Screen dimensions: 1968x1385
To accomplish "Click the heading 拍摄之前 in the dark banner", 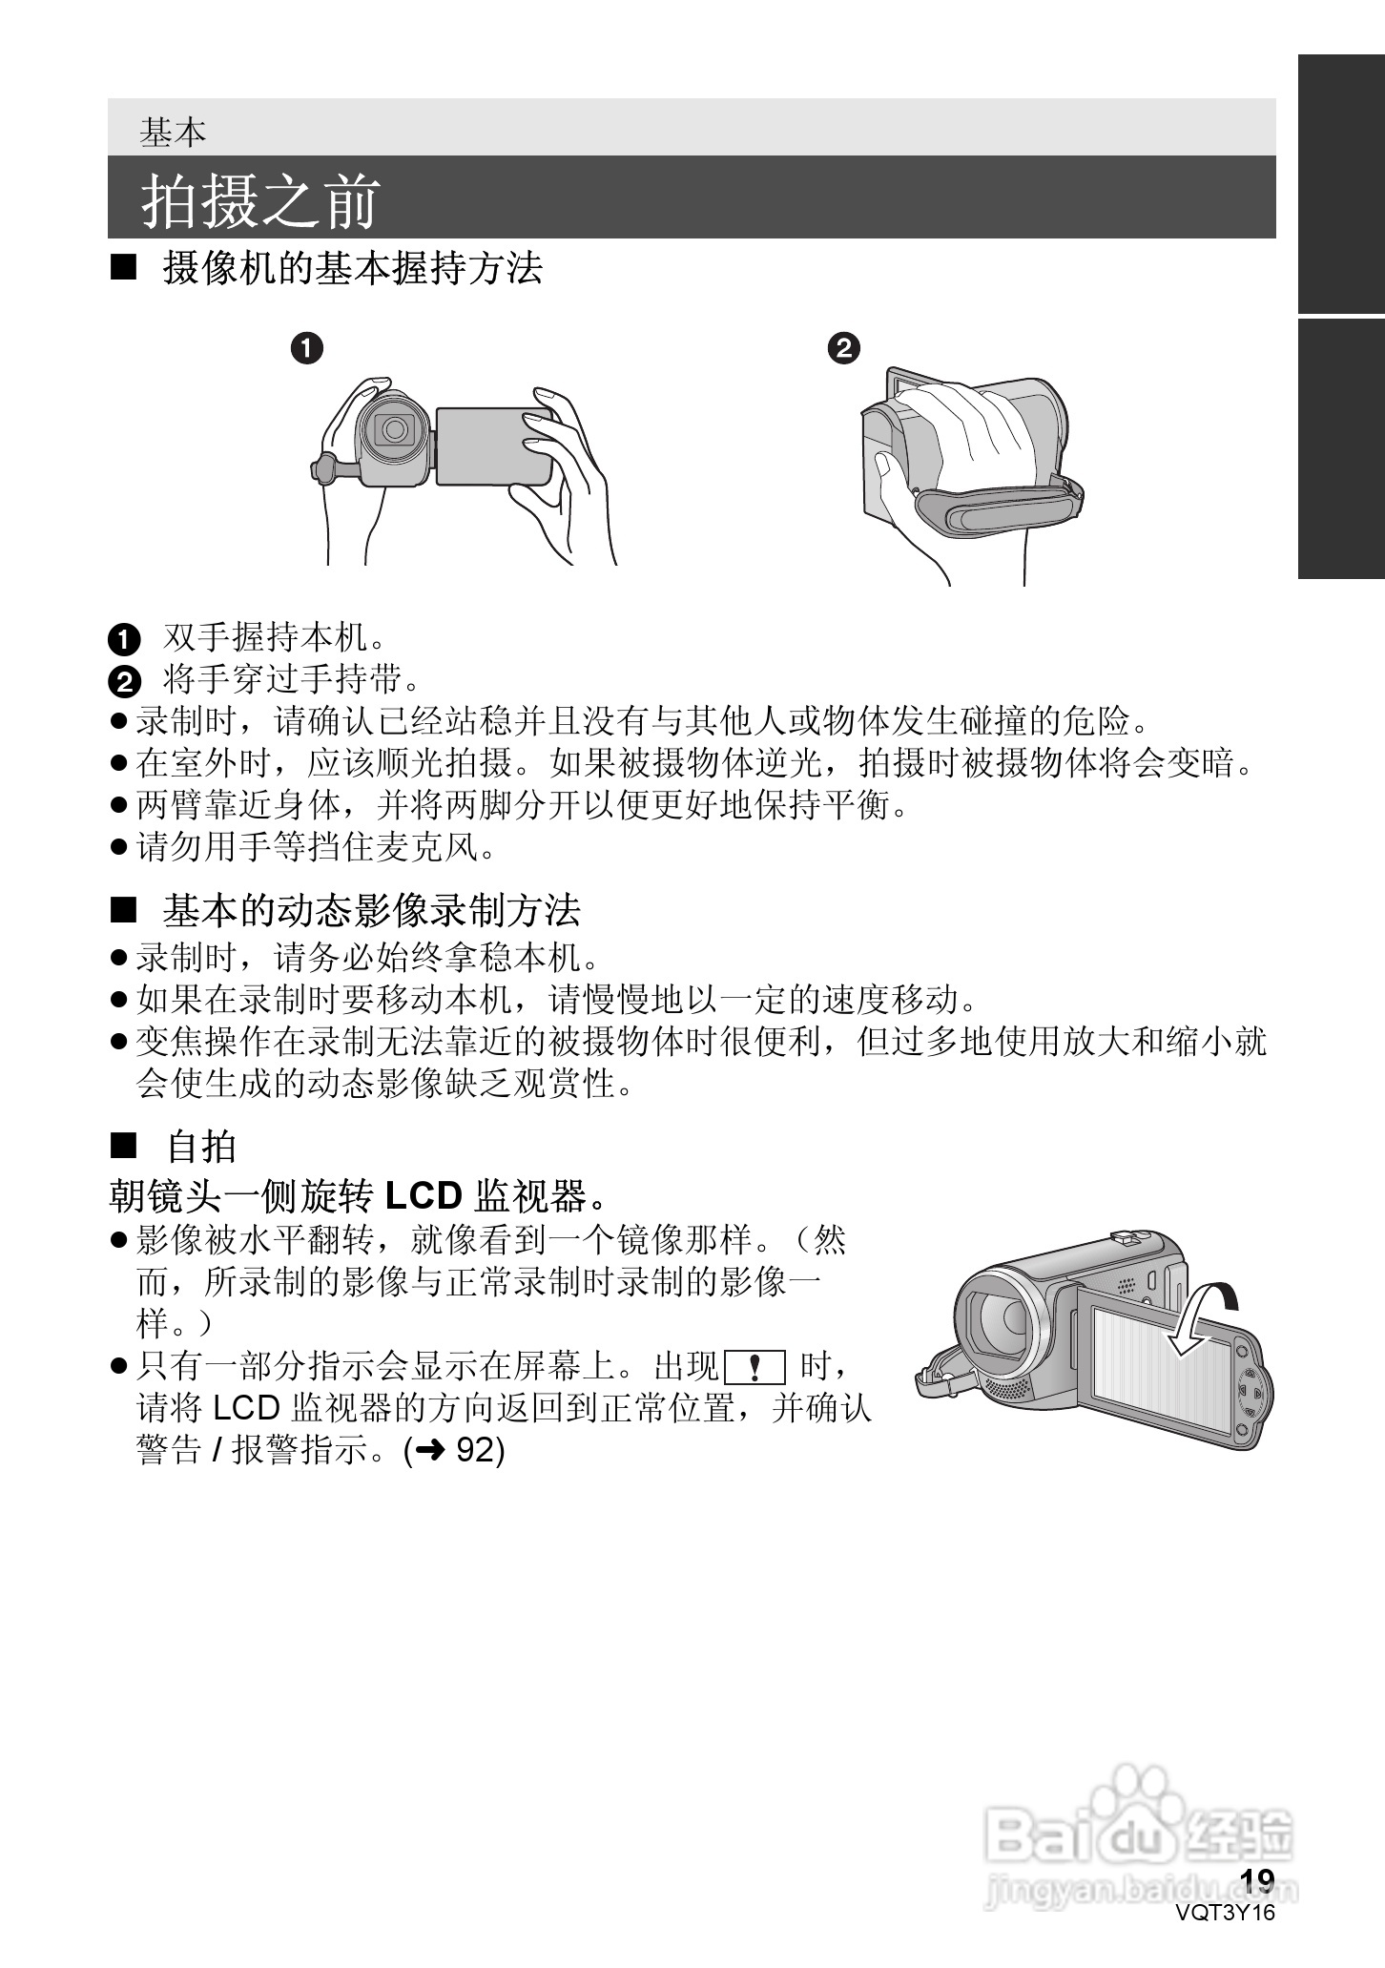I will click(x=260, y=200).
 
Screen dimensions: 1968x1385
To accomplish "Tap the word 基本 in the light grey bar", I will click(x=173, y=132).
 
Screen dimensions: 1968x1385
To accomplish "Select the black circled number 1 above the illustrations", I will click(x=306, y=348).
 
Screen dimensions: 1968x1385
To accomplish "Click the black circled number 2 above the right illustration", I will click(x=844, y=348).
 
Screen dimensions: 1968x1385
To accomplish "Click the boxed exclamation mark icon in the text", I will click(x=755, y=1368).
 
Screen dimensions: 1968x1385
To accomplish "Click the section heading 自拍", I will click(x=201, y=1146).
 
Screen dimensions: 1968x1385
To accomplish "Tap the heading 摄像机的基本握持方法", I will click(x=352, y=268).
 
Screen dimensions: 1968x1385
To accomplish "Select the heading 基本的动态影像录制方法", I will click(x=371, y=910).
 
